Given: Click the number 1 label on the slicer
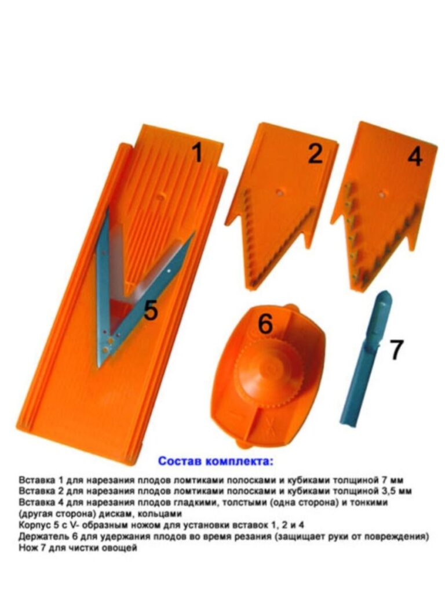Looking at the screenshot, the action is click(197, 154).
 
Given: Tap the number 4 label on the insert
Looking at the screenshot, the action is click(415, 156).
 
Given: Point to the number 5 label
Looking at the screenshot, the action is click(151, 311).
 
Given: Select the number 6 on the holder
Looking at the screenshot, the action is click(265, 324).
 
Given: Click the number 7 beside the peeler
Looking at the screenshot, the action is click(396, 350).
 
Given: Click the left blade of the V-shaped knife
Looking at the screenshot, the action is click(103, 288).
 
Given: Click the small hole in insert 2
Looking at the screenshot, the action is click(279, 191).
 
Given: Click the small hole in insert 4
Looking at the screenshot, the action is click(382, 194).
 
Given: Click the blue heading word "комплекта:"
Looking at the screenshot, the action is click(239, 462).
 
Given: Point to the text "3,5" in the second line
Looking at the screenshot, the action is click(389, 492).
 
